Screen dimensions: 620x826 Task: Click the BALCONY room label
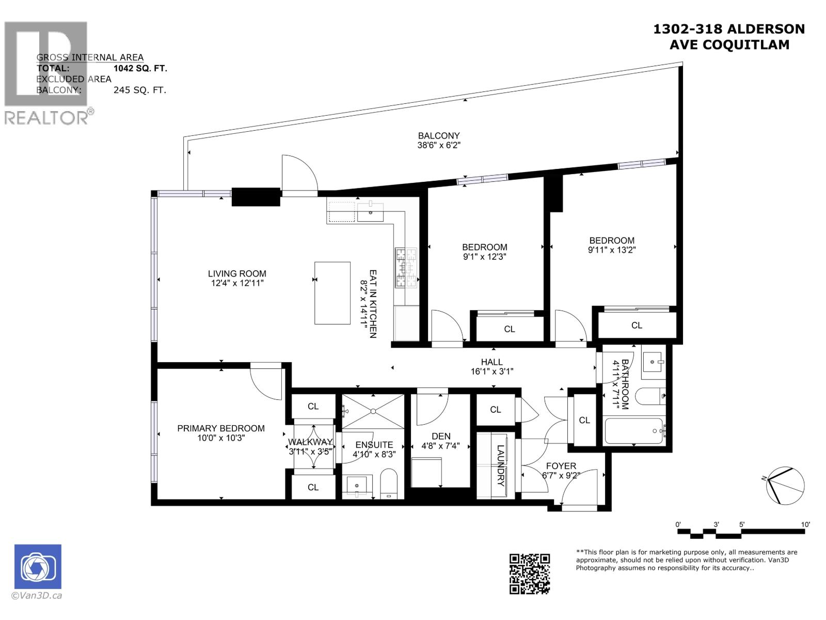tap(438, 136)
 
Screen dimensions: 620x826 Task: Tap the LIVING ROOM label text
tap(237, 274)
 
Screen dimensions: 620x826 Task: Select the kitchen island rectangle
tap(332, 293)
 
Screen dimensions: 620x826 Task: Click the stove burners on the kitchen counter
tap(406, 268)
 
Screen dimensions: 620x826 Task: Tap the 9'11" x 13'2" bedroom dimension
tap(612, 250)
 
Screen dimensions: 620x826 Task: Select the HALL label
tap(491, 362)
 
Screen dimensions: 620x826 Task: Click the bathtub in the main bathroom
tap(633, 431)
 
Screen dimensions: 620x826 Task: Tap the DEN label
tap(441, 437)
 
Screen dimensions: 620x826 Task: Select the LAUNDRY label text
tap(500, 466)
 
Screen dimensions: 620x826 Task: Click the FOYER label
tap(561, 466)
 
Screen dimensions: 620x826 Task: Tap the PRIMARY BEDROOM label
tap(220, 428)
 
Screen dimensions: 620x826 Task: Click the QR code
tap(530, 574)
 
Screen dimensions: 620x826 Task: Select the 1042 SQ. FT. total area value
tap(140, 68)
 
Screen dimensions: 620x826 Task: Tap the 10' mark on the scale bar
tap(805, 524)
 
